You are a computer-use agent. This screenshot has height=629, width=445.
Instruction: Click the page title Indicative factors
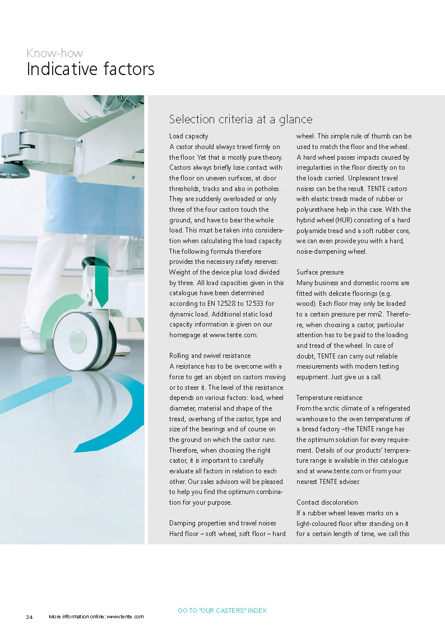point(90,69)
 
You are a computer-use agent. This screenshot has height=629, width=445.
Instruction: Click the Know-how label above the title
point(54,53)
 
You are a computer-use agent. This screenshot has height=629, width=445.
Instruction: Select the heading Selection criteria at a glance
point(240,119)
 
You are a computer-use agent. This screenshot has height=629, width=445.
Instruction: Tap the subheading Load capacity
point(189,136)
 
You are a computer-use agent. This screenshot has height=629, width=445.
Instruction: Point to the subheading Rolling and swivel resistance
point(210,356)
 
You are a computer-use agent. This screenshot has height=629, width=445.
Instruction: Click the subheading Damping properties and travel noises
point(222,523)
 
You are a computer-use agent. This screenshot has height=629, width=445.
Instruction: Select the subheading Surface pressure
point(320,272)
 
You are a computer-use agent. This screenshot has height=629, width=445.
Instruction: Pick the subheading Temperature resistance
point(330,398)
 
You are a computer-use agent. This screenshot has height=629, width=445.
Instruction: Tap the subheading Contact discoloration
point(327,502)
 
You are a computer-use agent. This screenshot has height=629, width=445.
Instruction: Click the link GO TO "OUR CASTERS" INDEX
point(222,611)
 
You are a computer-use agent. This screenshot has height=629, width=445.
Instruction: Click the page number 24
point(29,617)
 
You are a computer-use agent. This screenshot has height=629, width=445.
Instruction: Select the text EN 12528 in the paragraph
point(219,304)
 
